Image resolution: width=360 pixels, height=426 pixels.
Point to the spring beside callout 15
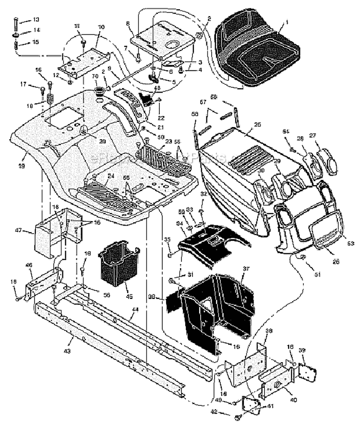pos(16,45)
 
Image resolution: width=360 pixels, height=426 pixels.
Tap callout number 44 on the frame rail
pos(135,310)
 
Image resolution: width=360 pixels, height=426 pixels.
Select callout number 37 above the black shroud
pos(245,269)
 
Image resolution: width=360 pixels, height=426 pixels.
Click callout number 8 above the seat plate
pos(128,23)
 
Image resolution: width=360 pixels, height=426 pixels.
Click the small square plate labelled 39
pos(306,372)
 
